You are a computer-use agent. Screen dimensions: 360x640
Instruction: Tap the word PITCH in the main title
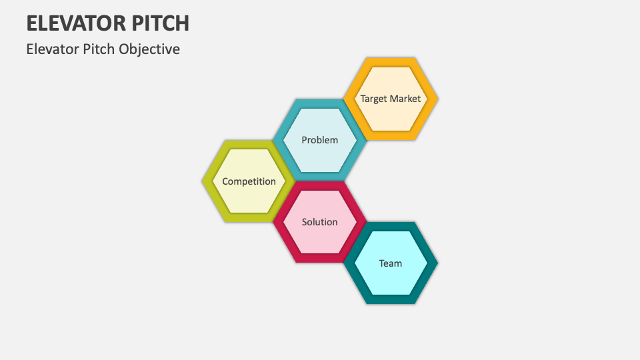158,23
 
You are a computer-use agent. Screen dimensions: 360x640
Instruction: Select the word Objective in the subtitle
150,49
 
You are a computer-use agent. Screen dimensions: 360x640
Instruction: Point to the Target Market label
391,99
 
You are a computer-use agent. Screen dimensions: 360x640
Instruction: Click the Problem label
320,140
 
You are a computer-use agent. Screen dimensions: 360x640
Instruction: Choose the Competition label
249,181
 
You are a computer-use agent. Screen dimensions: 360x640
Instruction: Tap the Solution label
320,222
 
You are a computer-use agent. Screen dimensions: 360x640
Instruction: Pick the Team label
391,263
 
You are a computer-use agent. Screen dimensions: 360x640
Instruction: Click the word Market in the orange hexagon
405,99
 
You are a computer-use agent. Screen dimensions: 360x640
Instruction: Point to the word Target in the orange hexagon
374,99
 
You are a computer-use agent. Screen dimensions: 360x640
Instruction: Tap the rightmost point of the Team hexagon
437,263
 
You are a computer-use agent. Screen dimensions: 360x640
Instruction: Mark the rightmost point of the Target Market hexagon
437,99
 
